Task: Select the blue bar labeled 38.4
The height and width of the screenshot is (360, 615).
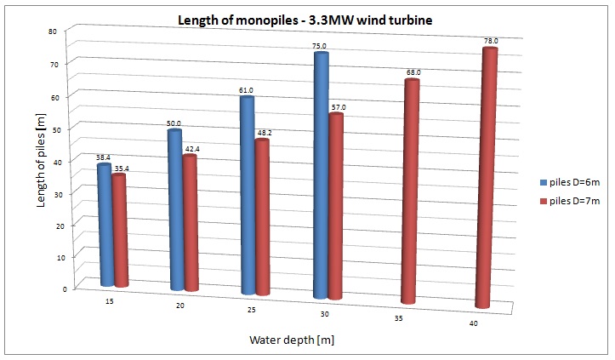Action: (105, 226)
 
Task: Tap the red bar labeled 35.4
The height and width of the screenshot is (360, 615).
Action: (120, 230)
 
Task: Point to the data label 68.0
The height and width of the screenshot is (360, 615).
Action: (413, 73)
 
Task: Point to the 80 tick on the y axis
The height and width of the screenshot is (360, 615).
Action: (65, 31)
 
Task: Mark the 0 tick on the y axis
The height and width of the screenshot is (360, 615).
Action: (66, 289)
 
